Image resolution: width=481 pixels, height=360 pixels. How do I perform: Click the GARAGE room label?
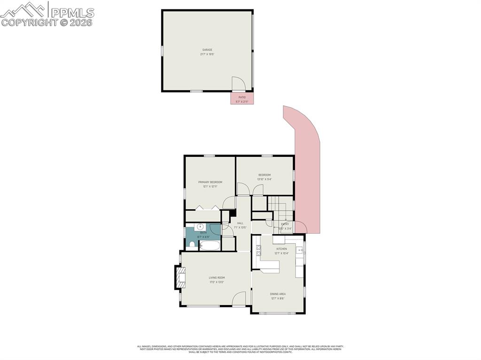[207, 50]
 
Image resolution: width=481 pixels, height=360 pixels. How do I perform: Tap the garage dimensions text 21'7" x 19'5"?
[207, 54]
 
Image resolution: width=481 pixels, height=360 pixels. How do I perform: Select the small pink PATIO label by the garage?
[242, 98]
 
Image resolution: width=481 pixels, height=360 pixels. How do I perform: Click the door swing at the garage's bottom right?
[238, 84]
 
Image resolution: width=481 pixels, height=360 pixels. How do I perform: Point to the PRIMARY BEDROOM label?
[210, 182]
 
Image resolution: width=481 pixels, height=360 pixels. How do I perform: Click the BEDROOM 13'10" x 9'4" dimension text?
[264, 179]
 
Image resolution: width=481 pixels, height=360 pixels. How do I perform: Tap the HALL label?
[240, 223]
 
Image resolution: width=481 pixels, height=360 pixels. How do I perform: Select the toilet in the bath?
[192, 244]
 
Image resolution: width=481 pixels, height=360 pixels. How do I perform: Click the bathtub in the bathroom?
[209, 245]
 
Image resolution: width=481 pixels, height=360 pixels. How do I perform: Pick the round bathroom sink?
[200, 226]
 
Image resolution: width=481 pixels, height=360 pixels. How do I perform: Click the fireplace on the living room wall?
[180, 278]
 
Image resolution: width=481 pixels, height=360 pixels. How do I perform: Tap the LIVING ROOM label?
[217, 277]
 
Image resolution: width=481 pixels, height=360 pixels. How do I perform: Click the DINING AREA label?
[278, 294]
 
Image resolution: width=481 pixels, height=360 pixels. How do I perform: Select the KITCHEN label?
[281, 249]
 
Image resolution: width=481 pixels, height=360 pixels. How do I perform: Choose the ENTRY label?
[285, 224]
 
